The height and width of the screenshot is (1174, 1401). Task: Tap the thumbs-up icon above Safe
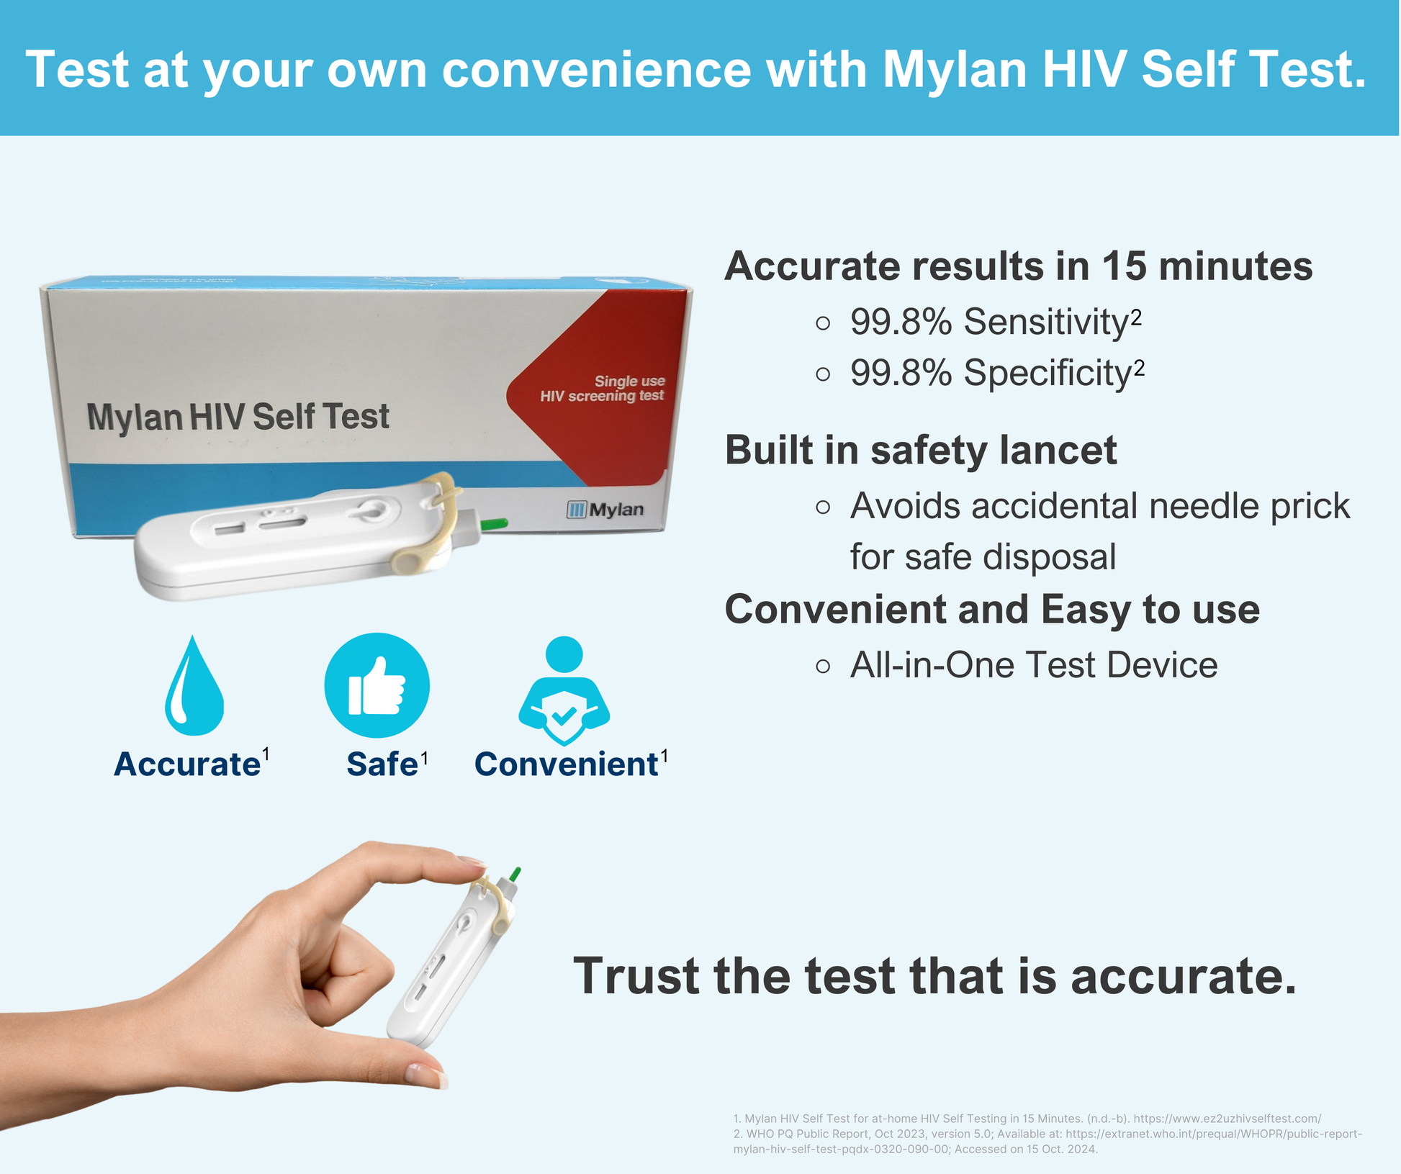tap(377, 685)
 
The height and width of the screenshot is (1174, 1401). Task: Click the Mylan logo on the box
tap(605, 510)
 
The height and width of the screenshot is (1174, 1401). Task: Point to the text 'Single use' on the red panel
tap(630, 381)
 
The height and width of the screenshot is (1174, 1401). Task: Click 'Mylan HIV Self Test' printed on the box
tap(238, 417)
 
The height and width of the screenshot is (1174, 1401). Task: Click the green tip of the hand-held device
tap(515, 874)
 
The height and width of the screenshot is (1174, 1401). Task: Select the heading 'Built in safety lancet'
tap(921, 450)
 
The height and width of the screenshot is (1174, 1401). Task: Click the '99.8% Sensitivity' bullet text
tap(996, 321)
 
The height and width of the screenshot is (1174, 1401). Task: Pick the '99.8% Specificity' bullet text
tap(997, 373)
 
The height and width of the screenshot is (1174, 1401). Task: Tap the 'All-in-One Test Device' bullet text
tap(1034, 664)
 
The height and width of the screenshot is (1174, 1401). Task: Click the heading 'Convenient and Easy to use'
tap(992, 610)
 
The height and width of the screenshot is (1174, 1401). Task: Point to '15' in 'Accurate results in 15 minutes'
tap(1124, 266)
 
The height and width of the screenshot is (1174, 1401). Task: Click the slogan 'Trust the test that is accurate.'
tap(934, 976)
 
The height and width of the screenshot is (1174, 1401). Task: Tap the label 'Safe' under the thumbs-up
tap(382, 764)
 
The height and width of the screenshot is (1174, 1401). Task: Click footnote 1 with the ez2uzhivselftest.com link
tap(1027, 1119)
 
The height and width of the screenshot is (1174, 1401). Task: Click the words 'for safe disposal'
tap(983, 556)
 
